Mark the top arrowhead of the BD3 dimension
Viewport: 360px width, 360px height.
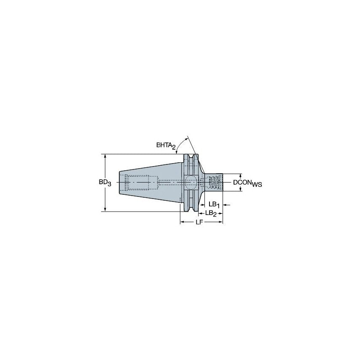click(x=105, y=156)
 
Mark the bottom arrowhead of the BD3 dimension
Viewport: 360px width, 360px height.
click(x=105, y=209)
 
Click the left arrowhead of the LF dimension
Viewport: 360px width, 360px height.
click(x=182, y=222)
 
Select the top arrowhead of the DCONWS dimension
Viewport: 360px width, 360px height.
click(x=241, y=175)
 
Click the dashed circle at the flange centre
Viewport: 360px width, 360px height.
click(x=189, y=183)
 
